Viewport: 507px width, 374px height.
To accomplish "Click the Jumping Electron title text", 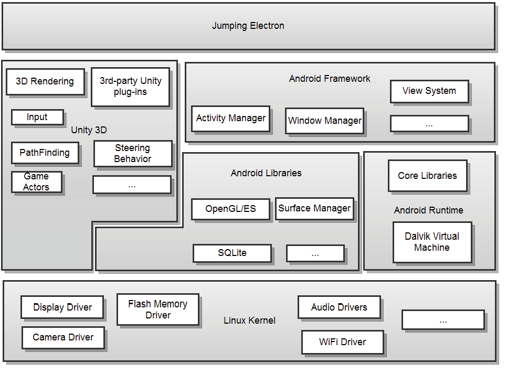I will pos(248,26).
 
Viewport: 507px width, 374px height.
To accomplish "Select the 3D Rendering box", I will pos(45,82).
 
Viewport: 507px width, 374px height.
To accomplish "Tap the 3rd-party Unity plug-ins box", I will pos(130,87).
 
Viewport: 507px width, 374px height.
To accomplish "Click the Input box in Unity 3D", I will pos(37,117).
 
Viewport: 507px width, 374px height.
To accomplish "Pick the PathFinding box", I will pos(45,153).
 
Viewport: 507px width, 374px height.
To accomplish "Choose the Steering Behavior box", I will pos(133,153).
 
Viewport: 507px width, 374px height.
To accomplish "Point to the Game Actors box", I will pos(36,182).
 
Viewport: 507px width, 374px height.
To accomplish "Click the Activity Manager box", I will pos(230,119).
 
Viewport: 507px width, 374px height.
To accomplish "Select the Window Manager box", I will pos(324,121).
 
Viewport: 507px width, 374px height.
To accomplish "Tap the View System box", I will pos(429,91).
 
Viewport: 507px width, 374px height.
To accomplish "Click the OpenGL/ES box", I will pos(230,209).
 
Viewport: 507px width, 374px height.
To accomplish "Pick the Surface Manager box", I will pos(314,208).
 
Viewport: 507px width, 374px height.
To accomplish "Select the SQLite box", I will pos(232,253).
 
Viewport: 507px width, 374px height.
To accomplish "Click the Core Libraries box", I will pos(427,176).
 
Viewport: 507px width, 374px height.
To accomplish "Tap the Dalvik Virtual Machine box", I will pos(432,242).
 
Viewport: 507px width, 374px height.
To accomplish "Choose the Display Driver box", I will pos(62,307).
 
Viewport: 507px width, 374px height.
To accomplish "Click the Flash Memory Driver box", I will pos(157,309).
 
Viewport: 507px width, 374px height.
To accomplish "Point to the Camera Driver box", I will pos(63,337).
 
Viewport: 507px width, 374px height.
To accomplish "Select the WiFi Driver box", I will pos(342,342).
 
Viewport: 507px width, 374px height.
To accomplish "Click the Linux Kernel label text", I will pos(249,320).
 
